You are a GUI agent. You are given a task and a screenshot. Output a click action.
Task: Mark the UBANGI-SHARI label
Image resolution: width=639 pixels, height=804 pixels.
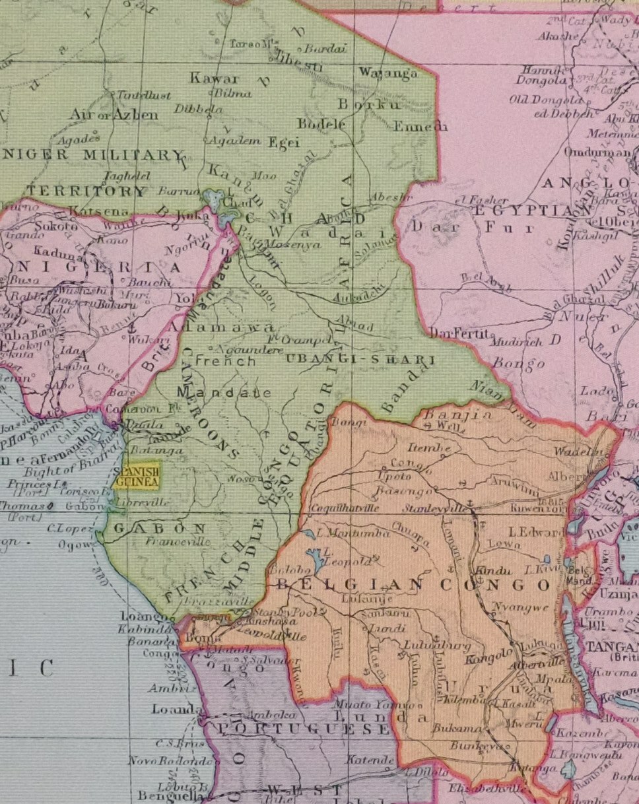(x=359, y=360)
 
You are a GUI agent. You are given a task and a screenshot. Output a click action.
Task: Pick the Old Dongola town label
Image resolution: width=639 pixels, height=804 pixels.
(x=545, y=100)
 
